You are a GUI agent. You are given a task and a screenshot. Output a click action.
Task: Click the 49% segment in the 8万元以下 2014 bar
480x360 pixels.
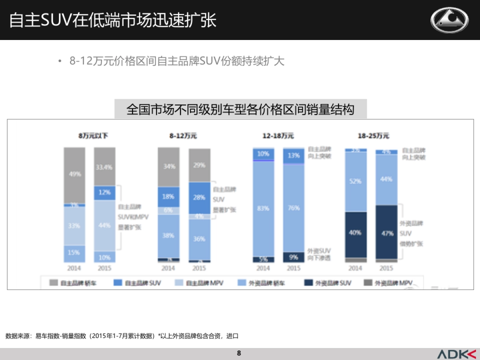point(74,175)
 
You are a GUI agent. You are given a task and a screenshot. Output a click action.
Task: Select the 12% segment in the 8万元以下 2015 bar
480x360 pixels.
point(104,193)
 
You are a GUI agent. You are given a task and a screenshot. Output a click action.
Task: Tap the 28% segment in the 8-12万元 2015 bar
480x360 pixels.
point(199,198)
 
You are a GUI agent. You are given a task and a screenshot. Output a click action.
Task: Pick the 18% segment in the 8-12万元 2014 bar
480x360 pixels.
point(168,197)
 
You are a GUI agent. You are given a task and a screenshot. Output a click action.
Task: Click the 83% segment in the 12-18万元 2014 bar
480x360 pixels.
point(263,208)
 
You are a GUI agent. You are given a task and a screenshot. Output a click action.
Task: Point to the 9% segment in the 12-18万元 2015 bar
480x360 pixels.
point(293,257)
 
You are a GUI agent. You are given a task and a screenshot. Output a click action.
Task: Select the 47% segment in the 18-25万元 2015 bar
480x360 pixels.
point(386,233)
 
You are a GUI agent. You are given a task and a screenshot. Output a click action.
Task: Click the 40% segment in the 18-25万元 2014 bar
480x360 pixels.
point(356,233)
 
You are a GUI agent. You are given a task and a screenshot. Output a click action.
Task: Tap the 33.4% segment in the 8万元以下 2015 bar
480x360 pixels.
point(104,167)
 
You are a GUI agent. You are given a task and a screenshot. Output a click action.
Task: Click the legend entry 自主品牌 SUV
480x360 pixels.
point(138,283)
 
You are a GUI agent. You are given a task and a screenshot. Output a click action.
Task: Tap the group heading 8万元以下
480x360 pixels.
point(93,136)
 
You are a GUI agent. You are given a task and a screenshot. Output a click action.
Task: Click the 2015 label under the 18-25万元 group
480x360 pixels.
point(386,268)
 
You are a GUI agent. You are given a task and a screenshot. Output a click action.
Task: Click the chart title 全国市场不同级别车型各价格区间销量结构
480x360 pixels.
point(240,109)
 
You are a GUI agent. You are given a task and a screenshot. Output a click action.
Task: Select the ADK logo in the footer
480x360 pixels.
point(456,354)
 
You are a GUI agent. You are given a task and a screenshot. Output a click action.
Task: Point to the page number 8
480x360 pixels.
point(239,353)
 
